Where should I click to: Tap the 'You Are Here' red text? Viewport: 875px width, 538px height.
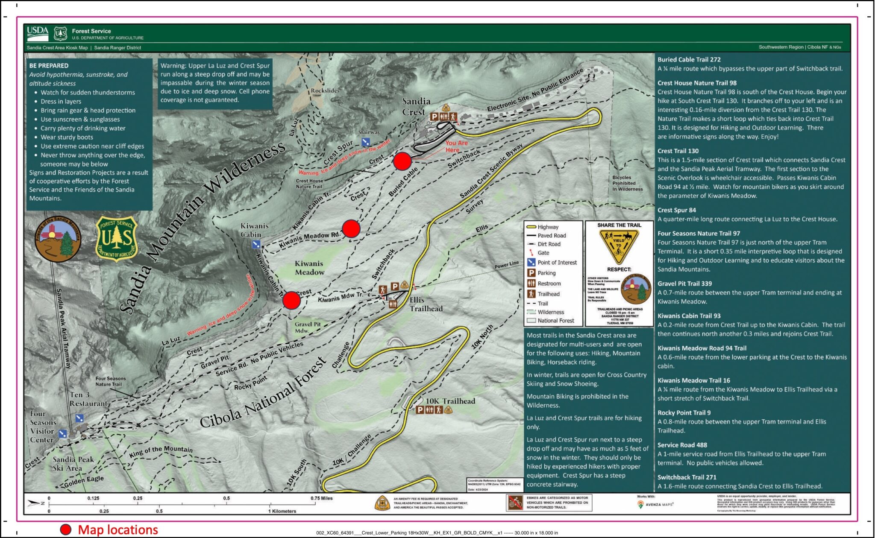tap(456, 146)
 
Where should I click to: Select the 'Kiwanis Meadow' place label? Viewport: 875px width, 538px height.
tap(309, 268)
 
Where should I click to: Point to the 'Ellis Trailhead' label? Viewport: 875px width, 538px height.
tap(426, 304)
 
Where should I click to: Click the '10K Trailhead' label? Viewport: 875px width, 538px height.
tap(450, 401)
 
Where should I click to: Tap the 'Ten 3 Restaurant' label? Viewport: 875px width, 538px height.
tap(88, 399)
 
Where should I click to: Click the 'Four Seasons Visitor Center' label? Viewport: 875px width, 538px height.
tap(42, 427)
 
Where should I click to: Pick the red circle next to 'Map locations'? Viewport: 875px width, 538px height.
tap(65, 529)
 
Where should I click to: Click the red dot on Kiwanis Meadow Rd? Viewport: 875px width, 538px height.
tap(351, 229)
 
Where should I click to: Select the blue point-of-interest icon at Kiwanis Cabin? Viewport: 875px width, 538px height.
tap(256, 244)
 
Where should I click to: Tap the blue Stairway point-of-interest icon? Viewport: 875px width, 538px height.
tap(365, 142)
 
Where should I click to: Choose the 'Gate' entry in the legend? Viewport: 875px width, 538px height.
tap(543, 253)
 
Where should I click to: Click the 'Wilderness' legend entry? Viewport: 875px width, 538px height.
tap(550, 312)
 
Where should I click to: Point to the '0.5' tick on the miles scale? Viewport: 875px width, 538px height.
tap(226, 498)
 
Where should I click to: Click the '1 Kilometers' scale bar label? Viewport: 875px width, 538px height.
tap(282, 511)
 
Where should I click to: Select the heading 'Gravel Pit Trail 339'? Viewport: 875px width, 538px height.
tap(684, 284)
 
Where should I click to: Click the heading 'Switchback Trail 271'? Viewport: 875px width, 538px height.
tap(687, 477)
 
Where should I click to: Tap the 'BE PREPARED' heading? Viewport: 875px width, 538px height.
tap(49, 66)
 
